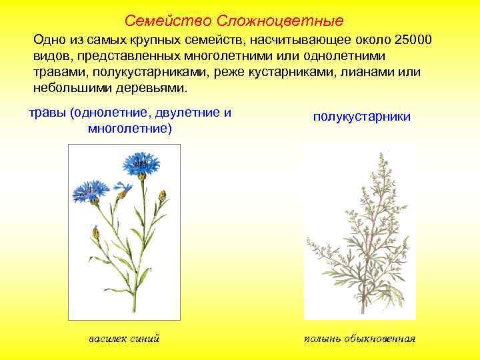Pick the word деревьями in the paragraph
point(155,88)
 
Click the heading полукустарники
point(362,117)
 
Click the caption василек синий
point(124,339)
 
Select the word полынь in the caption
point(323,339)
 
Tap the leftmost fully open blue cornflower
point(86,190)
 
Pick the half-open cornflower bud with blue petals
point(123,190)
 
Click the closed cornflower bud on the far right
point(162,195)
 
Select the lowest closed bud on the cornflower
point(96,233)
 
